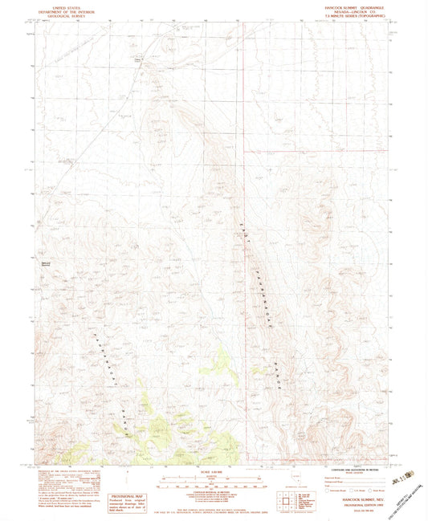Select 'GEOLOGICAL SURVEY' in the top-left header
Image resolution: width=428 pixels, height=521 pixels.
tap(64, 14)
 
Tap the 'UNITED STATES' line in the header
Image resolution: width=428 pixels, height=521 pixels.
tap(64, 6)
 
